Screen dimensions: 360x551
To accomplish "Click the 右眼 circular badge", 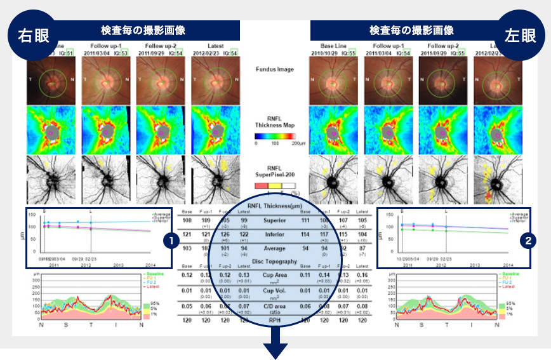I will click(x=28, y=36).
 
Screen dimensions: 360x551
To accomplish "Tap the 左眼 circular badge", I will click(x=522, y=36).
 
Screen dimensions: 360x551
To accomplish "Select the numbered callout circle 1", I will click(x=169, y=241).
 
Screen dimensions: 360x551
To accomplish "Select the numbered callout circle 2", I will click(x=528, y=241).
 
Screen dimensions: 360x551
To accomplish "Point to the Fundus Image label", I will click(x=275, y=69).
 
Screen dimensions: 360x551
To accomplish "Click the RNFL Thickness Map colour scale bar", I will click(x=274, y=136).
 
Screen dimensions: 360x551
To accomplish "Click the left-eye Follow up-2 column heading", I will click(x=437, y=46).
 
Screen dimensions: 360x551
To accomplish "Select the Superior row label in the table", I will click(x=275, y=220).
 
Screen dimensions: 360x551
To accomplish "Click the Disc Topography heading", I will click(x=275, y=262).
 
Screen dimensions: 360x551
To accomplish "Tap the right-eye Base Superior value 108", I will click(x=187, y=220).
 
